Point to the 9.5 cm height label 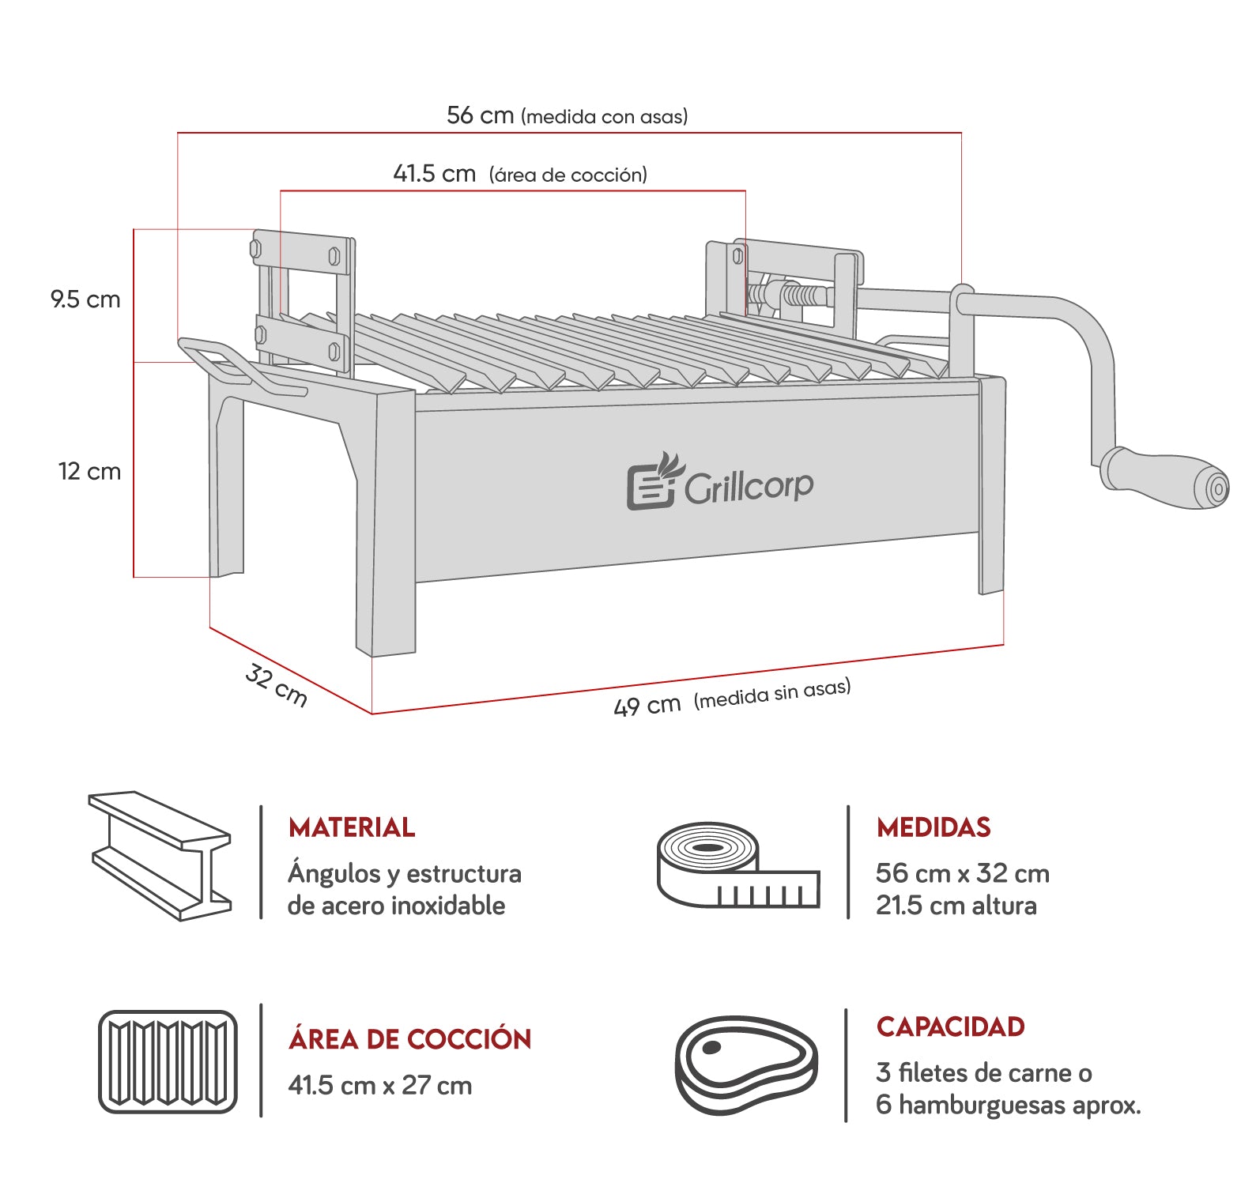(x=85, y=299)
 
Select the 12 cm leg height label (x=89, y=472)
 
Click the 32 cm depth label (x=276, y=684)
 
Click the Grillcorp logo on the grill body (x=720, y=481)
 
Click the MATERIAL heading (x=352, y=827)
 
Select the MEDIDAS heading (x=934, y=827)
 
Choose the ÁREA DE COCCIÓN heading (x=410, y=1038)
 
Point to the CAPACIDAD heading (x=951, y=1027)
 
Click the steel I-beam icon (x=160, y=856)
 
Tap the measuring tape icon (x=738, y=865)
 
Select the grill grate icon (x=168, y=1062)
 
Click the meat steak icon (x=746, y=1065)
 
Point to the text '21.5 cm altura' (x=956, y=905)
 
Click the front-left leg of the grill (x=386, y=522)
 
